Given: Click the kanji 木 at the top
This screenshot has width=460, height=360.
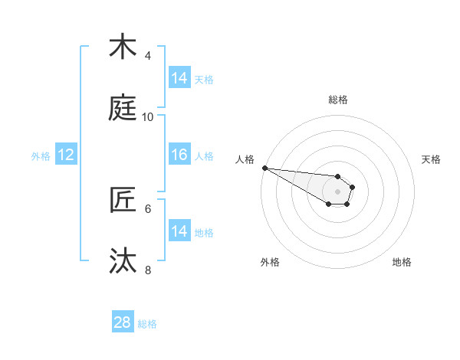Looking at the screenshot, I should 123,47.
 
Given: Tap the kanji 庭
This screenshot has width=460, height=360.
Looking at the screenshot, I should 123,108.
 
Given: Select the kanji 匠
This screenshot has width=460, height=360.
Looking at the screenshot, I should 123,200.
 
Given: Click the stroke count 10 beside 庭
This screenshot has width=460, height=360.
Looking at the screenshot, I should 148,116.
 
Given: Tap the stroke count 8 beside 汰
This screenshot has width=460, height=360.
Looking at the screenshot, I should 148,270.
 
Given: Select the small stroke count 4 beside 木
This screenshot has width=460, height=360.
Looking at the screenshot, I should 148,55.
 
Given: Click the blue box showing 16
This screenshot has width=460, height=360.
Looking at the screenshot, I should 179,155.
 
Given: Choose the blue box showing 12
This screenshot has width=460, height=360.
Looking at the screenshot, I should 66,155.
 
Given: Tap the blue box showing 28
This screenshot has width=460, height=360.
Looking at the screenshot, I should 123,322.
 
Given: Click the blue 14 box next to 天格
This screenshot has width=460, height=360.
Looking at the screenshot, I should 179,78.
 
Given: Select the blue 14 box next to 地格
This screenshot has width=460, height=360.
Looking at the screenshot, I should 179,231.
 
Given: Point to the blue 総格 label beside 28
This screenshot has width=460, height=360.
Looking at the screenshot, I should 147,323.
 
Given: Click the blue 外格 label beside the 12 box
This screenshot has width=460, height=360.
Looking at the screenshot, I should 41,155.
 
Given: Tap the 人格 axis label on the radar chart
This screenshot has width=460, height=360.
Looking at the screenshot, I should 245,159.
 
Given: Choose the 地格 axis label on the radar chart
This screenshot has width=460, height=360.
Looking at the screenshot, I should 402,262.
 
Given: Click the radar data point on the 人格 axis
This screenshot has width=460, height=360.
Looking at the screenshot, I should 264,168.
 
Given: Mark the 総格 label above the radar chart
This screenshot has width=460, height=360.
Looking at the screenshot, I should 338,100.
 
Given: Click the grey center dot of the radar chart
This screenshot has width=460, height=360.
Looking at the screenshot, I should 337,191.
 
